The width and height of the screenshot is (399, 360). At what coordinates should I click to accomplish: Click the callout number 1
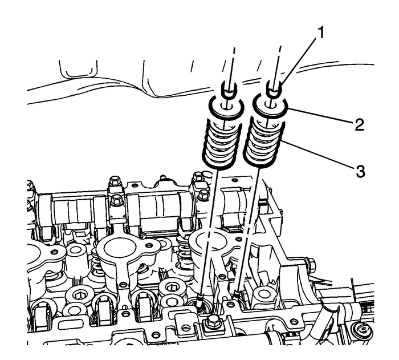point(321,33)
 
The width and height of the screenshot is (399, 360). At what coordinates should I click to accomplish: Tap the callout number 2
point(359,125)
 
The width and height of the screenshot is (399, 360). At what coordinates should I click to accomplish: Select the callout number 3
point(360,171)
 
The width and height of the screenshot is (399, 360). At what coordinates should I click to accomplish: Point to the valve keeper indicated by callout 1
point(274,88)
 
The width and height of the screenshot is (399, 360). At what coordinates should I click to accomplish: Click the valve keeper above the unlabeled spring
point(230,88)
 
